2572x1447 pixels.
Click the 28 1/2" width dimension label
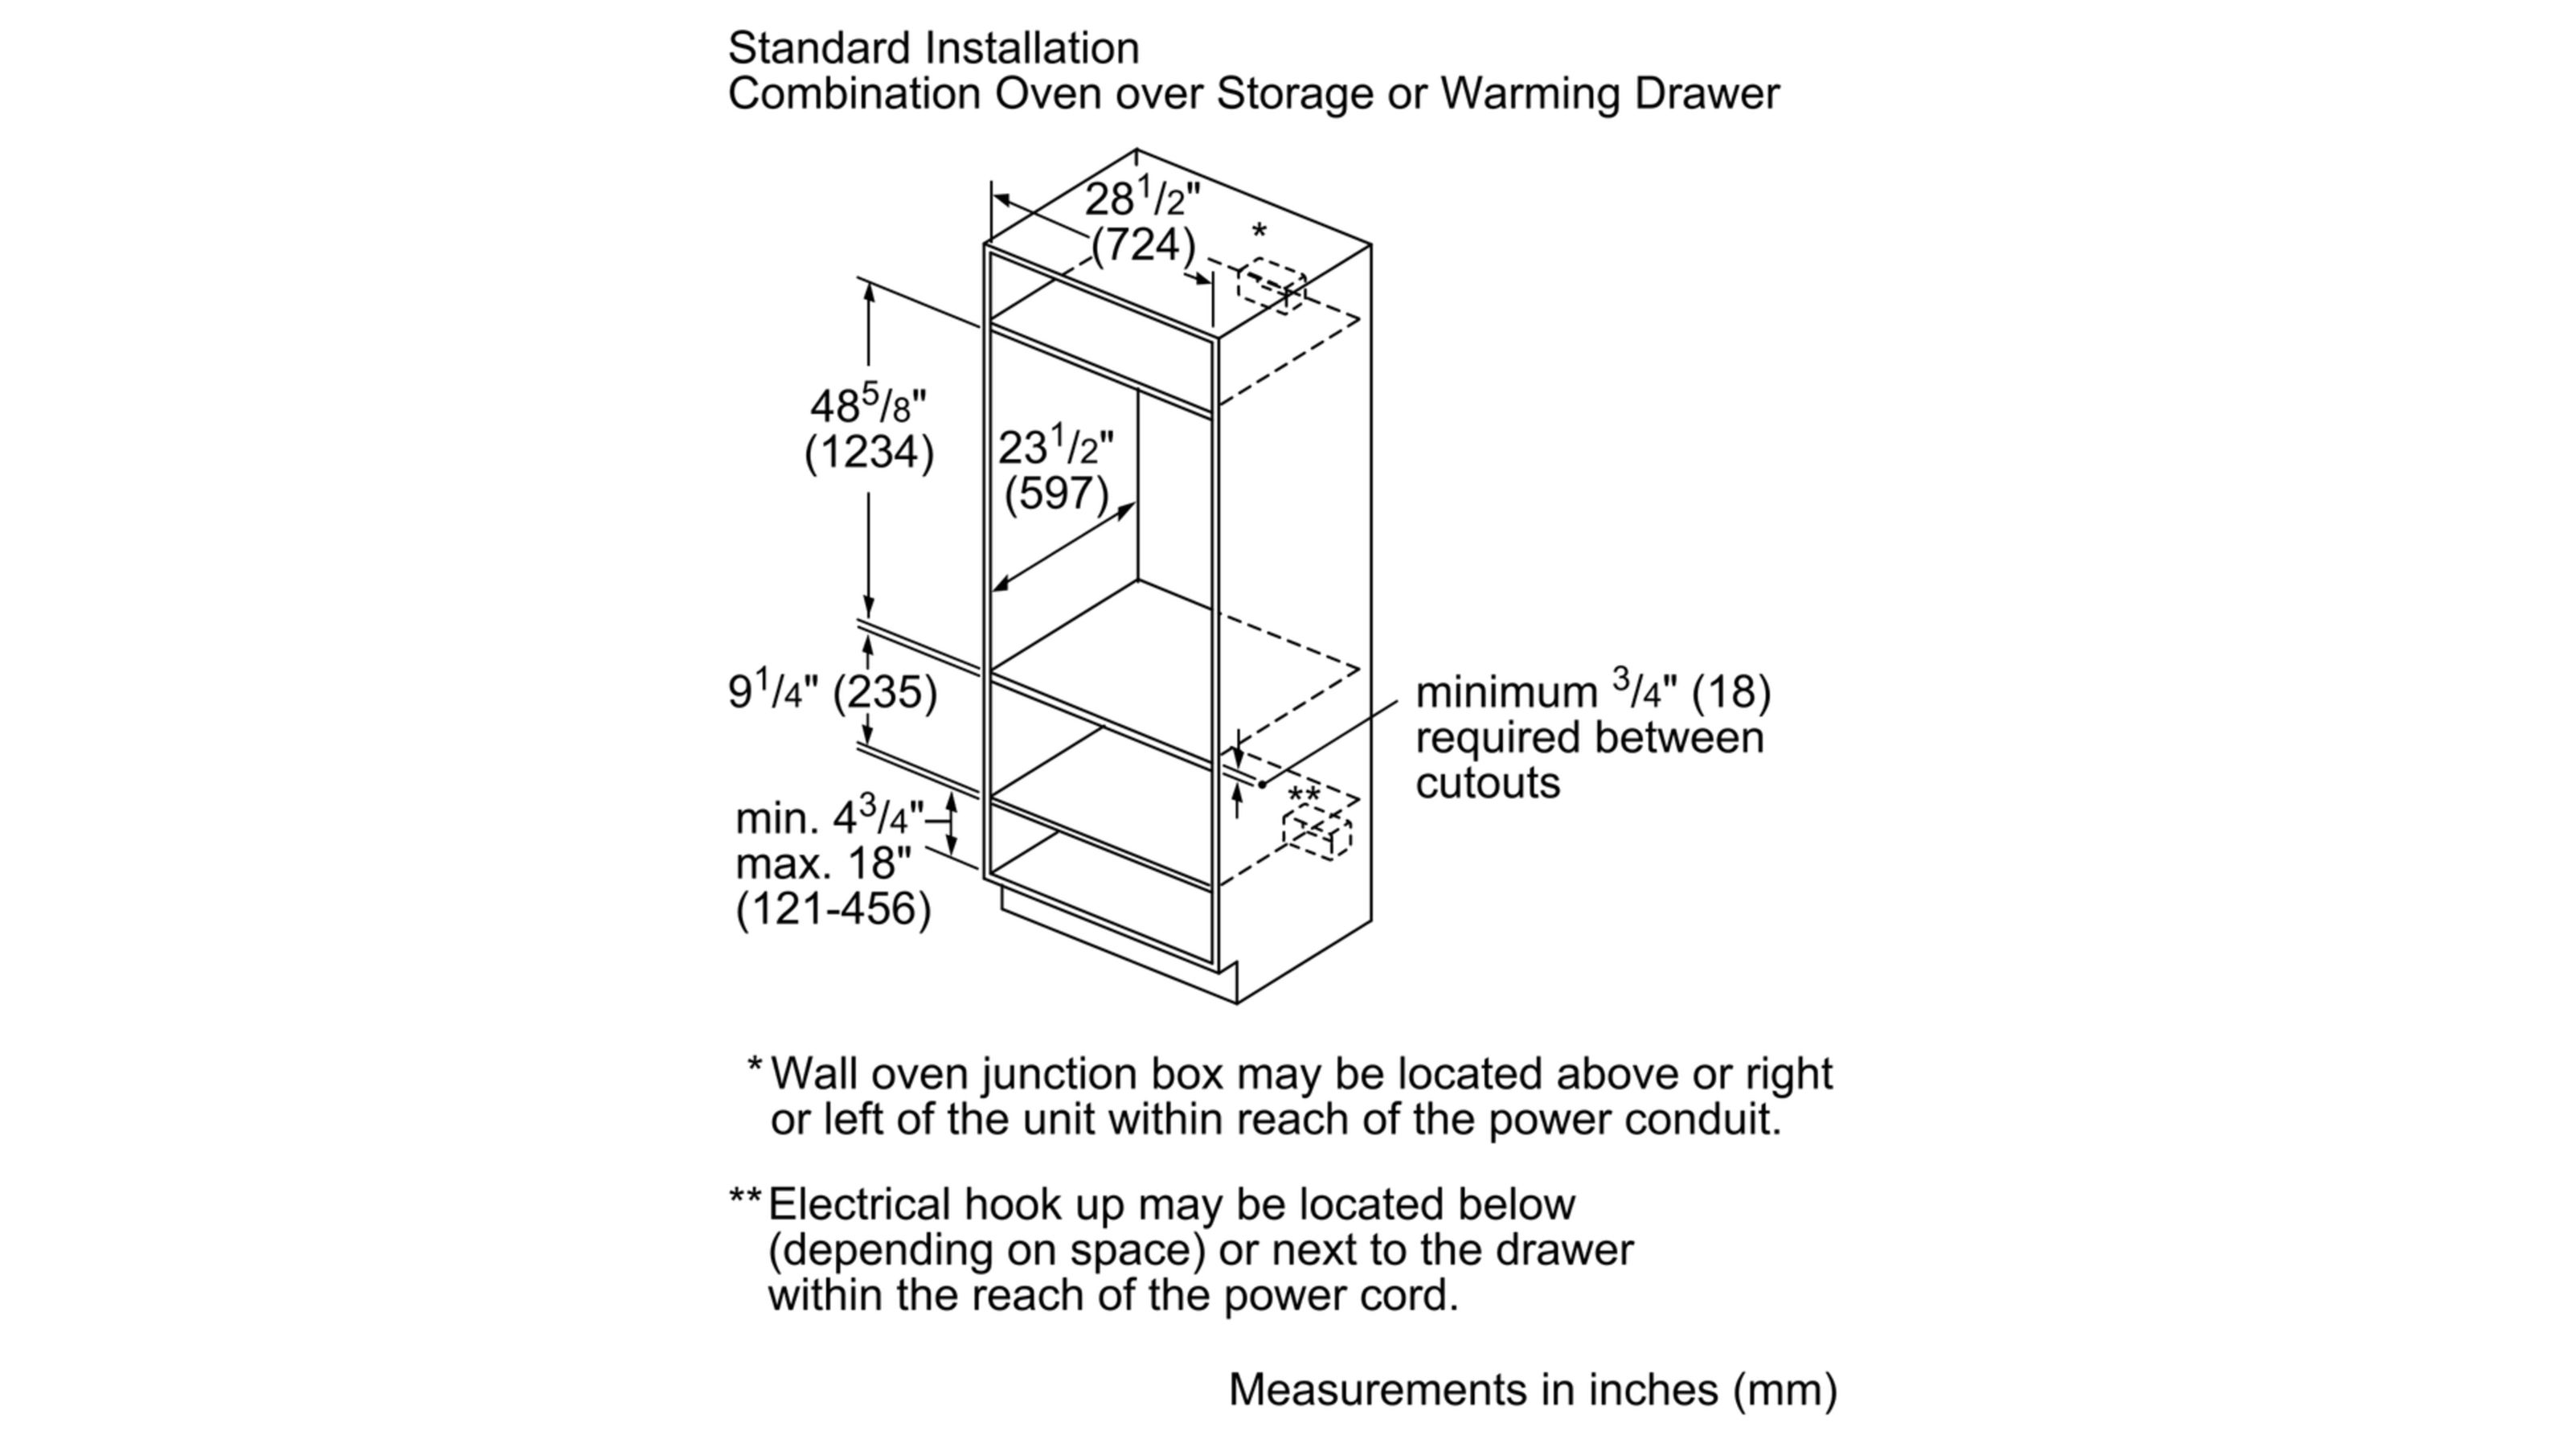1141,199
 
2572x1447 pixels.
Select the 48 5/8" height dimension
868,405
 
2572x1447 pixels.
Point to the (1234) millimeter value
869,453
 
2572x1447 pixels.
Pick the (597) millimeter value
1056,494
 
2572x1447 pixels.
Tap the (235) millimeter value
885,692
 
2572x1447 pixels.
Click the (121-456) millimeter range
833,908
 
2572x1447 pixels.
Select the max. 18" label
823,863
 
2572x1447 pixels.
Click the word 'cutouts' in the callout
1487,783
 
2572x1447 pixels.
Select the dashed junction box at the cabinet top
1271,284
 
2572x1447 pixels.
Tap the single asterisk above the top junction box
1259,232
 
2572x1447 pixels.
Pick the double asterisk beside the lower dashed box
1304,795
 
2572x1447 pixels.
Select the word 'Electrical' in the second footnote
858,1204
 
